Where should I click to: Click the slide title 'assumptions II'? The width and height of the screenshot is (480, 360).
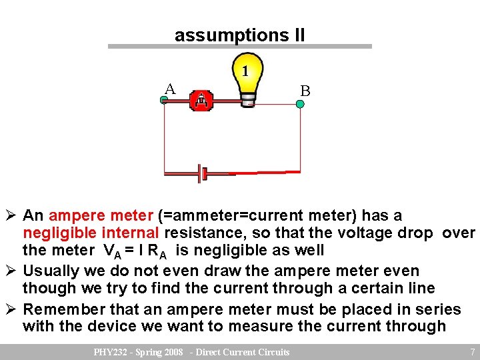239,35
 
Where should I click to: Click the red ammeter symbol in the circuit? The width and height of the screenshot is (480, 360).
201,101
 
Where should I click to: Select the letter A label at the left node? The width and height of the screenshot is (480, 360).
170,89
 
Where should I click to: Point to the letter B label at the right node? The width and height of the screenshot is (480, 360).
305,91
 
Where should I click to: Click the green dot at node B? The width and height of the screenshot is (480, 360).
300,104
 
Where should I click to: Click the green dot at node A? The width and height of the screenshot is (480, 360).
164,101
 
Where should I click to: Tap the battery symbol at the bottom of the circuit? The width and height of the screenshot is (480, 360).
202,174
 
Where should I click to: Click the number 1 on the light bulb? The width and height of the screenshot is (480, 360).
246,71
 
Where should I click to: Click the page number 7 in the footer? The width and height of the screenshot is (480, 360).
472,352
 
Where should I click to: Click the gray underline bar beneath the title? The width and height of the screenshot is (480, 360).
240,47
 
